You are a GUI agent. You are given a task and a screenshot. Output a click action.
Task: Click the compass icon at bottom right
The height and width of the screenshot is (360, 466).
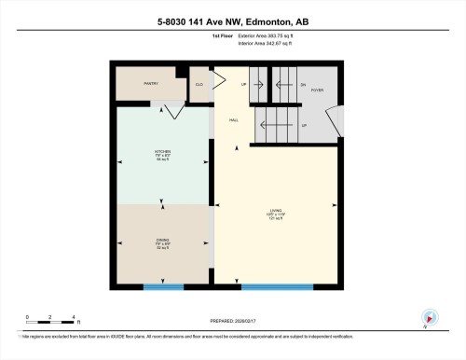coord(428,318)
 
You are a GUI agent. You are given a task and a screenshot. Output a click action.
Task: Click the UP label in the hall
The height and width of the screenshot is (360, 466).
coord(244,84)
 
